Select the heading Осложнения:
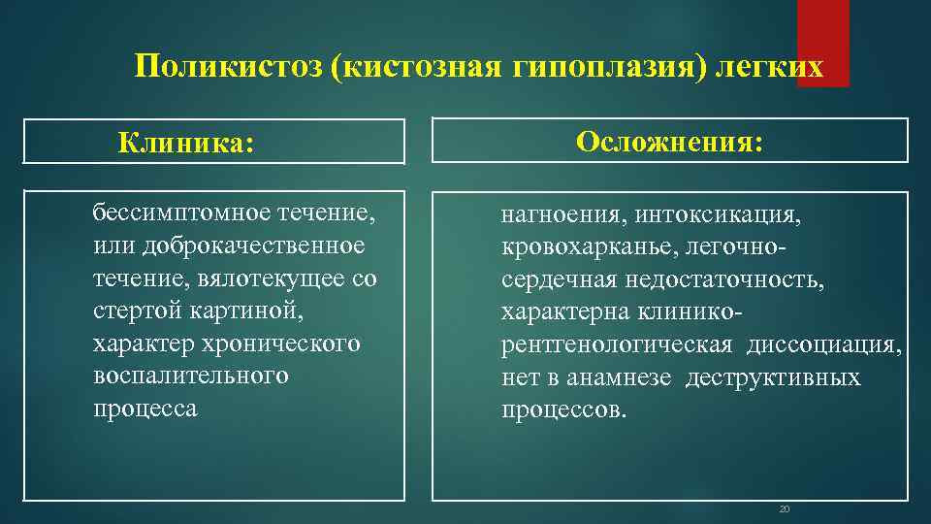pyautogui.click(x=669, y=142)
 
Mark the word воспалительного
pyautogui.click(x=191, y=376)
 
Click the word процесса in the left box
pyautogui.click(x=144, y=409)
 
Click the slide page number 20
pyautogui.click(x=786, y=508)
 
